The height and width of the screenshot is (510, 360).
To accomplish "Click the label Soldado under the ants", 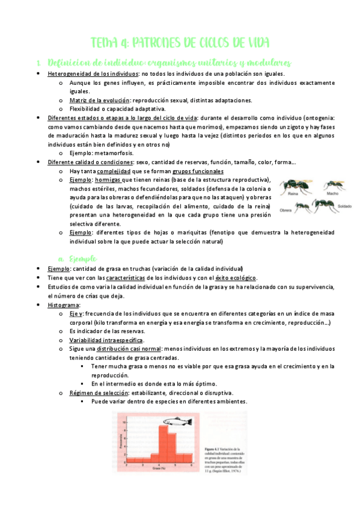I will point(344,206).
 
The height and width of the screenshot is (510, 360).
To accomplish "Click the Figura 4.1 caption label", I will point(208,448).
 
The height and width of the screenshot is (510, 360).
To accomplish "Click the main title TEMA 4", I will point(180,43).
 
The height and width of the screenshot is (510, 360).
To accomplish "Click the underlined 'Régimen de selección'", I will point(97,393).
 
